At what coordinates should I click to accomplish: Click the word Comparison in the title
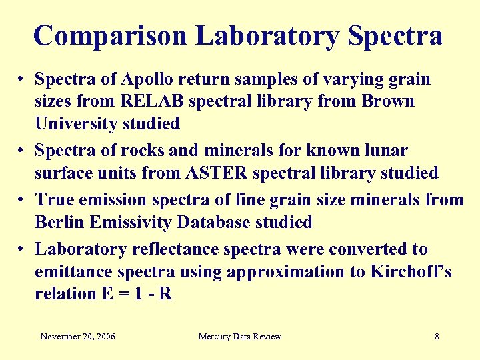[110, 35]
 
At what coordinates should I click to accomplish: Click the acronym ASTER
[227, 173]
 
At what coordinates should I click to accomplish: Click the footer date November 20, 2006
[77, 336]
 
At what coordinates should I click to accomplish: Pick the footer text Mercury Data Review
[239, 336]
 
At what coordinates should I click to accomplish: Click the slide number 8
[437, 336]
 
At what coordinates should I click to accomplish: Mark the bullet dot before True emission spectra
[23, 200]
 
